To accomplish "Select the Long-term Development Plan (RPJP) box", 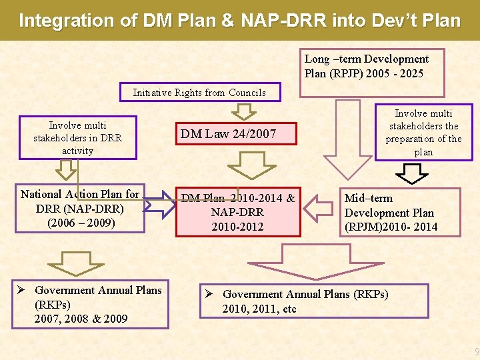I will (366, 66).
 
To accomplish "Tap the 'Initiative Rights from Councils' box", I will (199, 93).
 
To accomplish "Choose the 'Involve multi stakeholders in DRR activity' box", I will (78, 138).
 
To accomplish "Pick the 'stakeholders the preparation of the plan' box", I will (423, 133).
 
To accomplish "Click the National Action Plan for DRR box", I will (80, 209).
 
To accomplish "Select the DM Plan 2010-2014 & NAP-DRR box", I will (238, 212).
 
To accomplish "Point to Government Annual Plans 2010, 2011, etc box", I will (314, 301).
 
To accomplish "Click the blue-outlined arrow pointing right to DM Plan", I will (159, 205).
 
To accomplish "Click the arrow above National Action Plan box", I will (65, 171).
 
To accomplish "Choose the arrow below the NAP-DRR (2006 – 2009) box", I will (77, 262).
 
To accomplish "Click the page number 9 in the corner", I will (475, 352).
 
